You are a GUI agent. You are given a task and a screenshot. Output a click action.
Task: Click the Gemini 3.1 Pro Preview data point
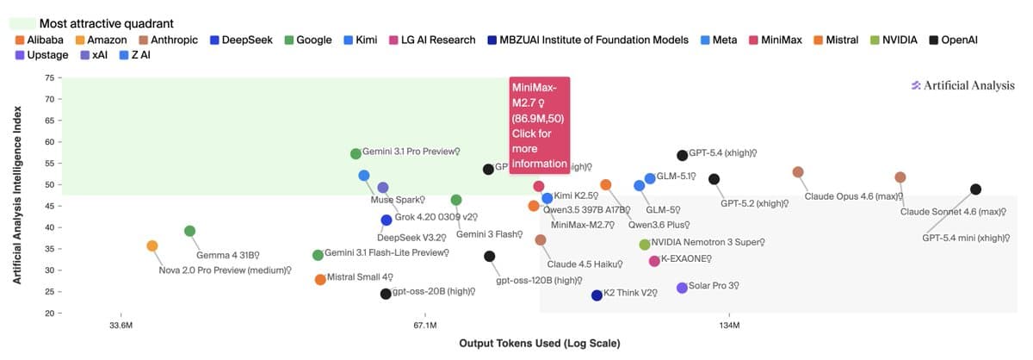point(356,153)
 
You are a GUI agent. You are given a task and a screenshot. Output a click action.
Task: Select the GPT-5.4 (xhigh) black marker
point(683,155)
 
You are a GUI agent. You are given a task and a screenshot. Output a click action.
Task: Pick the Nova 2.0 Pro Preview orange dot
point(152,245)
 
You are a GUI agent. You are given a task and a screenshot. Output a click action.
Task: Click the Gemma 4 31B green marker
point(190,231)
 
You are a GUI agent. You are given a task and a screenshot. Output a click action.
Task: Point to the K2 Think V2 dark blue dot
point(597,295)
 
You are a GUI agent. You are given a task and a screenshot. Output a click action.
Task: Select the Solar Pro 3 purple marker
point(682,288)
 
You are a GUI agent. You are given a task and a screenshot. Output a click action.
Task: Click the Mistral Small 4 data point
point(320,279)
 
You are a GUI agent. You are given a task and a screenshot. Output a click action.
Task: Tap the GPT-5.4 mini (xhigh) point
point(975,189)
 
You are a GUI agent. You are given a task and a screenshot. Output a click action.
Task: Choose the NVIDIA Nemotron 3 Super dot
point(645,245)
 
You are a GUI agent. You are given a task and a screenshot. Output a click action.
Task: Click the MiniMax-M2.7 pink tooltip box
point(540,125)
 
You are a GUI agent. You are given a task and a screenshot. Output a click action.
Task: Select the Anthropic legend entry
point(168,40)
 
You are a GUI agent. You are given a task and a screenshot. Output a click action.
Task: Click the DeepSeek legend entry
point(244,40)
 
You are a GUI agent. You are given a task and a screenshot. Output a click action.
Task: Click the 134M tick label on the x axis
point(729,326)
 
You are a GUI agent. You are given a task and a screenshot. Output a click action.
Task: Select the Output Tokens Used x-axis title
point(540,343)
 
